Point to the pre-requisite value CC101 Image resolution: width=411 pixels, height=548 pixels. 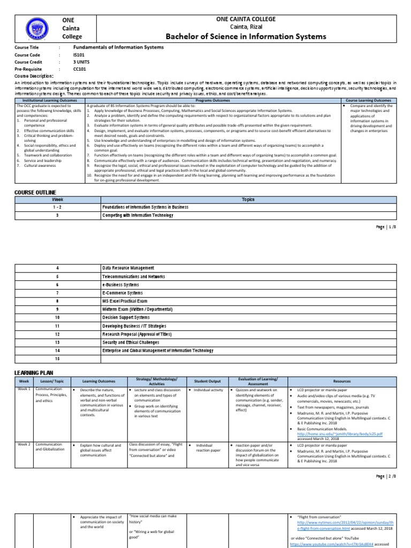click(x=80, y=70)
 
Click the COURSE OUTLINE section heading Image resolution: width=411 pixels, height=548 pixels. click(x=35, y=192)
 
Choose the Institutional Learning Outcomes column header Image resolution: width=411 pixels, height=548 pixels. click(x=49, y=100)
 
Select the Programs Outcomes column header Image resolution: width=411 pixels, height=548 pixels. click(x=212, y=100)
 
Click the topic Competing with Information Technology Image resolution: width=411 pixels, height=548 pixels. click(x=138, y=215)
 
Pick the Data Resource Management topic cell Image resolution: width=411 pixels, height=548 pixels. click(x=128, y=268)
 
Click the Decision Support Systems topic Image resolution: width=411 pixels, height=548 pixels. click(x=127, y=317)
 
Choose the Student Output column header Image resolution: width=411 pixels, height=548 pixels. click(x=207, y=381)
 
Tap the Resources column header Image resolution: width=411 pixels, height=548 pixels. click(x=342, y=381)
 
